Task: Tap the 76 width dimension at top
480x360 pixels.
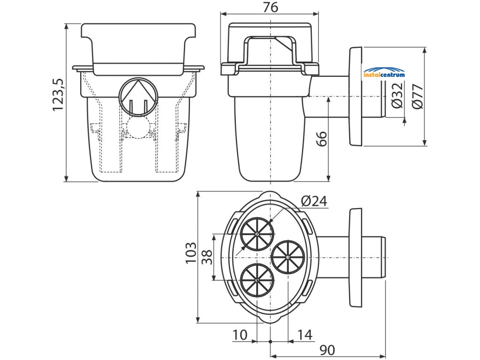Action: tap(270, 7)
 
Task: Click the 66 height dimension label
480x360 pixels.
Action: tap(321, 139)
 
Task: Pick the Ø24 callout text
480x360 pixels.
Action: tap(314, 201)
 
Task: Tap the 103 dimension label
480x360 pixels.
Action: tap(190, 253)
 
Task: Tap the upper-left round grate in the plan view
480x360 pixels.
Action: tap(257, 234)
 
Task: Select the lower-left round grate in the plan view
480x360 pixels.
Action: tap(257, 279)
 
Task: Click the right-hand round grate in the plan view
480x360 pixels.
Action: tap(288, 257)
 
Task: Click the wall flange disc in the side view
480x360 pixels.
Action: tap(356, 96)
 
